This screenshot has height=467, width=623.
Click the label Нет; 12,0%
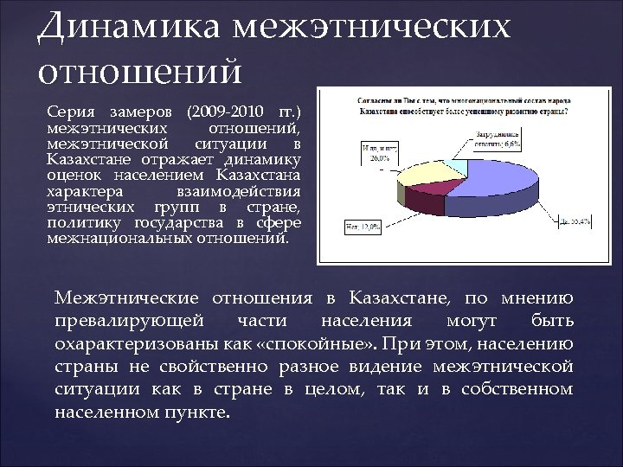click(364, 226)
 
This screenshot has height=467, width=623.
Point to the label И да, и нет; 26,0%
click(377, 154)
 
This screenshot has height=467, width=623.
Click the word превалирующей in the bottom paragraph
click(130, 322)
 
